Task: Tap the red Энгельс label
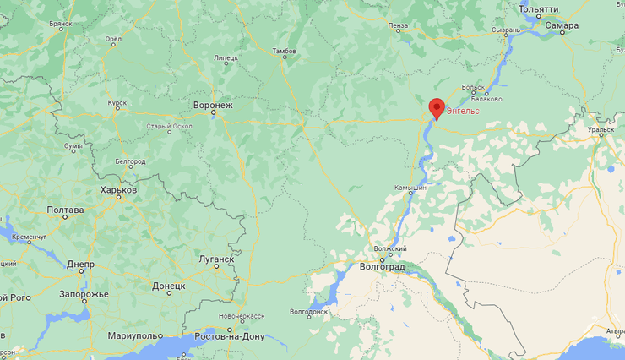point(463,111)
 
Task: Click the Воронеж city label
point(213,106)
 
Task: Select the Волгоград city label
point(382,266)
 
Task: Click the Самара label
point(562,25)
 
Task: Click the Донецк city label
point(169,286)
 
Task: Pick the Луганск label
point(216,259)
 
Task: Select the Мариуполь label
point(134,336)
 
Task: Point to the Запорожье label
point(84,294)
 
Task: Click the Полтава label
point(65,210)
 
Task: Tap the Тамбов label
point(285,52)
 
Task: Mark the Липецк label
point(226,58)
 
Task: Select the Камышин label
point(410,188)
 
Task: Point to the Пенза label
point(398,25)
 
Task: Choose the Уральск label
point(601,130)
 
